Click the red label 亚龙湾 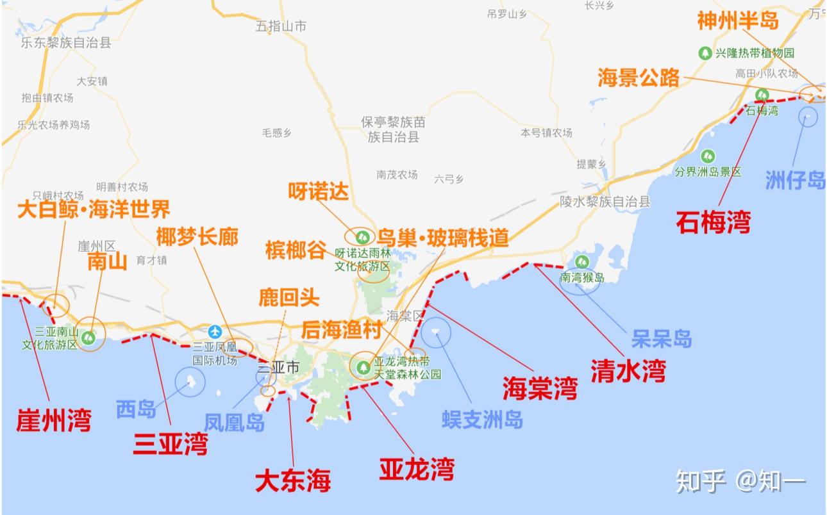[416, 469]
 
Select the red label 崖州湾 [54, 420]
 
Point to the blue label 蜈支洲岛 [482, 419]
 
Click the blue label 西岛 [136, 409]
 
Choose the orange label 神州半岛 [737, 20]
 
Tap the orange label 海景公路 [638, 78]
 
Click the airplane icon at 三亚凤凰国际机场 [215, 331]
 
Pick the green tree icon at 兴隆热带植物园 [705, 53]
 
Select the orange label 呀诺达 [318, 192]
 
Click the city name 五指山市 [281, 26]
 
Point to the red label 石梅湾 [713, 224]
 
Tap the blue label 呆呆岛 [662, 339]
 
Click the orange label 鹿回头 [288, 297]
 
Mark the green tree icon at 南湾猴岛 [582, 261]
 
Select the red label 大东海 [292, 480]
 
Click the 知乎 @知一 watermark [740, 480]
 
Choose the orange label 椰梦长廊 [197, 238]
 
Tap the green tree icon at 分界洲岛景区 [708, 156]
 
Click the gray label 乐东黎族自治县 [66, 43]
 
